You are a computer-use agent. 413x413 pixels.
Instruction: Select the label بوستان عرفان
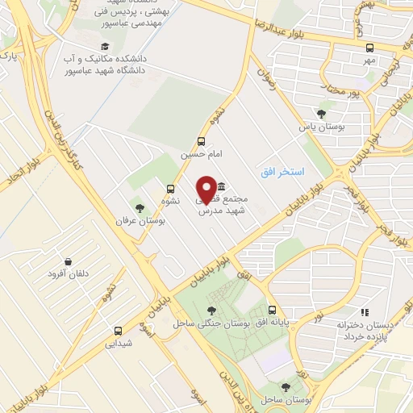133,220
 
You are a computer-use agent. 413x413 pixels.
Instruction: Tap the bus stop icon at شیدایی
119,330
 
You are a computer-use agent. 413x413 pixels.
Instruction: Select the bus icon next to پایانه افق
272,310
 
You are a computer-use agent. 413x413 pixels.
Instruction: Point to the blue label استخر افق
282,173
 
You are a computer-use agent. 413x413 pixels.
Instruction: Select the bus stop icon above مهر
369,48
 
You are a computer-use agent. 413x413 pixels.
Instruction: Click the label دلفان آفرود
69,273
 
